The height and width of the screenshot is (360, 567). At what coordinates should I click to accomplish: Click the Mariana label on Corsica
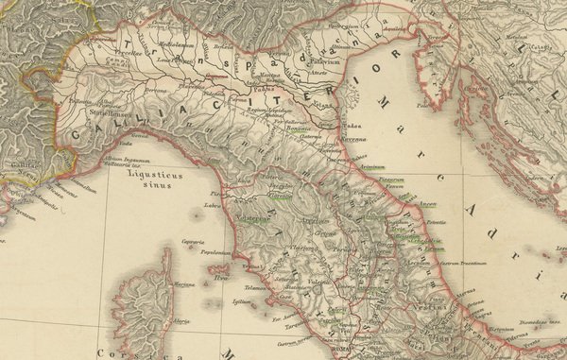[183, 283]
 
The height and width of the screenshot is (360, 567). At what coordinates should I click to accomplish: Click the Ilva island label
[223, 277]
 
